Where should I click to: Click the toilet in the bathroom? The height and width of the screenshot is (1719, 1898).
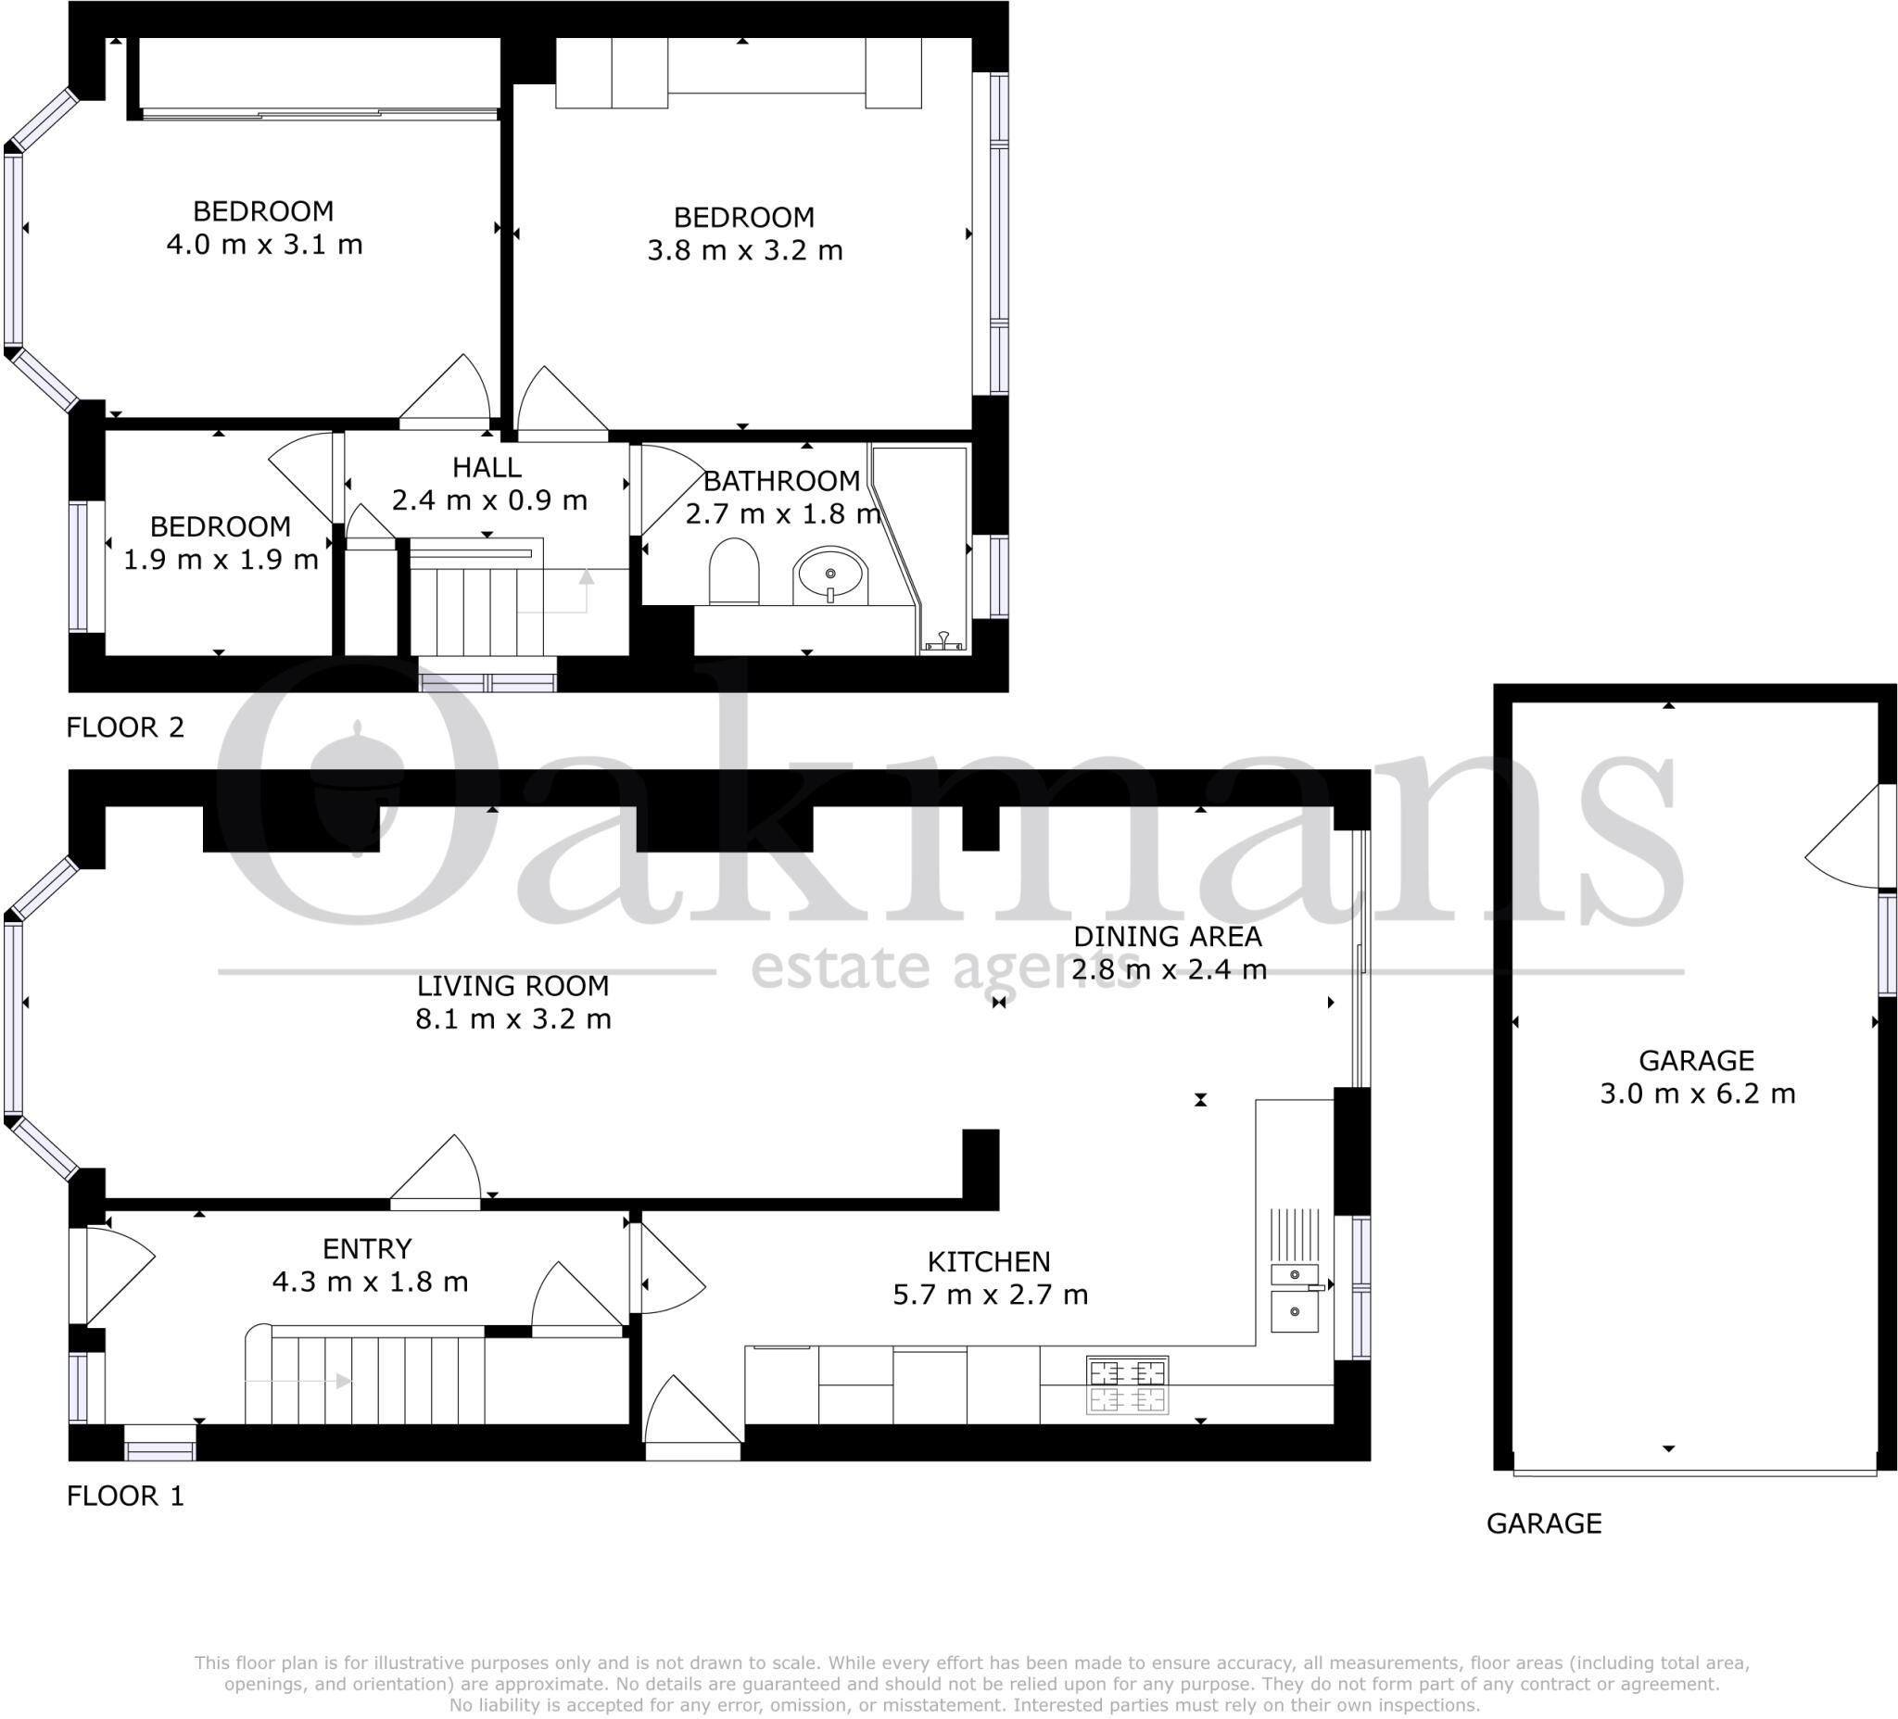(x=733, y=572)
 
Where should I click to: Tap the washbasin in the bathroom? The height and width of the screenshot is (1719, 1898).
(x=830, y=575)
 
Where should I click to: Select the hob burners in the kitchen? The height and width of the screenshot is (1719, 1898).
(x=1127, y=1384)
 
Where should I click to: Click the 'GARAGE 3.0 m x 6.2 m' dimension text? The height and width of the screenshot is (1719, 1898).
(x=1698, y=1093)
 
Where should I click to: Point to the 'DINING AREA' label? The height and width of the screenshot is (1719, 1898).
(x=1168, y=937)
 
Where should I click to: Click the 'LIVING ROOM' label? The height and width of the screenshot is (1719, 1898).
(x=513, y=986)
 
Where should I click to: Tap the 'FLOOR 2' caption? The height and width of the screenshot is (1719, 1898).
(x=125, y=727)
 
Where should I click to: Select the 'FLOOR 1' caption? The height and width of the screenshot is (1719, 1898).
(x=125, y=1496)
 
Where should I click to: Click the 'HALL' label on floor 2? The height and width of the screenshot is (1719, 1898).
(x=487, y=467)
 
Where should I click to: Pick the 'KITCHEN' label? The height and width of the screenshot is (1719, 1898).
(x=989, y=1261)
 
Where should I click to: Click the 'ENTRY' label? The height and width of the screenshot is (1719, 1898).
(x=367, y=1249)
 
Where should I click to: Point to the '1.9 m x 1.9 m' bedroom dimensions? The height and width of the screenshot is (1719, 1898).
(x=221, y=560)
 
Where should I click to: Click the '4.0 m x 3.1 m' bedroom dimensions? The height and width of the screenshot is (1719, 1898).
(x=264, y=245)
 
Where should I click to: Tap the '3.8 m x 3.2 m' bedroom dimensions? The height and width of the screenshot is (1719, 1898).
(x=745, y=250)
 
